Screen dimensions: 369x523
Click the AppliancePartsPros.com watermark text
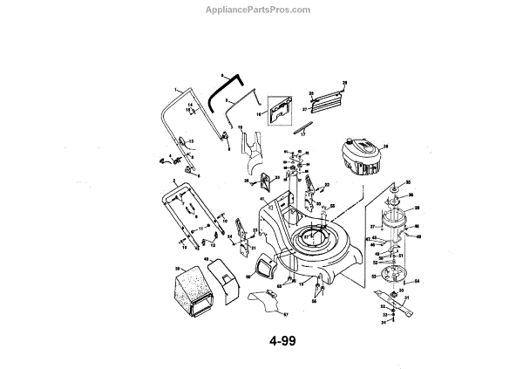point(261,10)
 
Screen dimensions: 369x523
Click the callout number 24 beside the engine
point(386,146)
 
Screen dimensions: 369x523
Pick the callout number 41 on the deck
point(261,200)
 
